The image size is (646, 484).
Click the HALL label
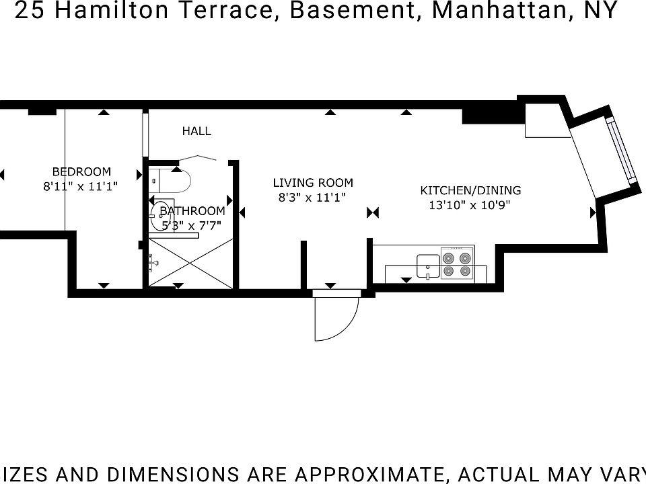coord(196,131)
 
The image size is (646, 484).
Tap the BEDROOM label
coord(81,171)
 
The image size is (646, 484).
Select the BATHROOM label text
coord(192,211)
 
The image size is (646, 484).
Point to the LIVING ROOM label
coord(313,182)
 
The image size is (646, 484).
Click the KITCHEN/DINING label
coord(470,190)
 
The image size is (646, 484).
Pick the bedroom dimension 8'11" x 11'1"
coord(81,187)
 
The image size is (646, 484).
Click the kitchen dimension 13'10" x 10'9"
coord(470,206)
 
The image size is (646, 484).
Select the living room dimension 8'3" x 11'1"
coord(312,198)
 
